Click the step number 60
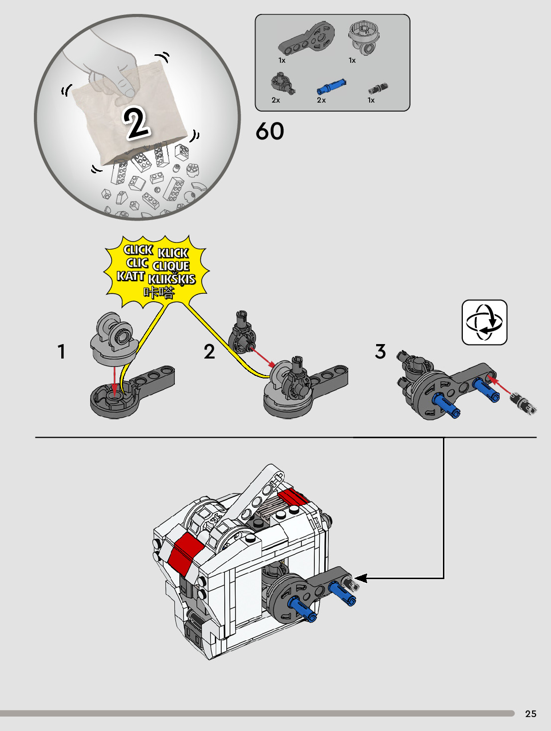pos(270,131)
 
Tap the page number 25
pos(531,714)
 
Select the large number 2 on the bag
pos(136,122)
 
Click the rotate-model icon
pos(484,322)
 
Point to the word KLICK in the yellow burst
pos(173,253)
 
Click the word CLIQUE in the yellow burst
pos(171,266)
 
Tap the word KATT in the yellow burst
pos(131,276)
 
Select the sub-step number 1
pos(61,352)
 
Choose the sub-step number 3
pos(381,352)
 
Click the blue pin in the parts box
pos(331,87)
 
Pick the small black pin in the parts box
pos(378,89)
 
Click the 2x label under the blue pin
pos(321,100)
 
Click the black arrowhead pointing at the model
pos(361,578)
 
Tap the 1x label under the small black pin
pos(371,100)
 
